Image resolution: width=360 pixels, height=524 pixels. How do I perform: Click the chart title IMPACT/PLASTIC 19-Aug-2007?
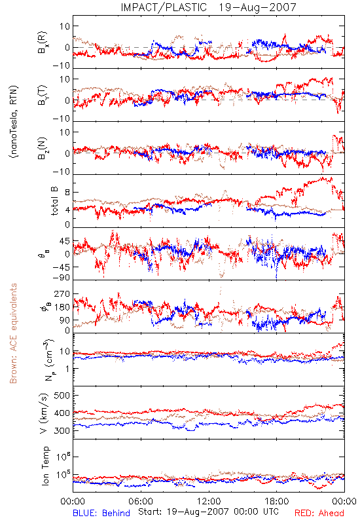pos(208,7)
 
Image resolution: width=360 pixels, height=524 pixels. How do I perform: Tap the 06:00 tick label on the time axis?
pos(141,501)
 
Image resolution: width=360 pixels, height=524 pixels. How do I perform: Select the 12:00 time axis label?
pos(209,501)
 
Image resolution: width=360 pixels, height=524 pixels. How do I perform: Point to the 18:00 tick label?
pos(277,501)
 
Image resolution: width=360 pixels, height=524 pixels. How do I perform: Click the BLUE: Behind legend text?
pos(101,513)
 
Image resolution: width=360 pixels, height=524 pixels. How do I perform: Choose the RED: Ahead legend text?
pos(319,513)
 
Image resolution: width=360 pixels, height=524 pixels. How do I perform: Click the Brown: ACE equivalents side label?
pos(13,333)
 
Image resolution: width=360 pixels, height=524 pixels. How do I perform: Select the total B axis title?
pos(54,201)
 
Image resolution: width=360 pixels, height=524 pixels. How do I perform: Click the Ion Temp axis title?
pos(45,466)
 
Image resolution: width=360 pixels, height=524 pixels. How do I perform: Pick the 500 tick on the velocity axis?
pos(62,396)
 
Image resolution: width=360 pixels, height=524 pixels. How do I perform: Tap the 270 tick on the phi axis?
pos(62,293)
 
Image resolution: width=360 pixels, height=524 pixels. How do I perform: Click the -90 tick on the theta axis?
pos(62,277)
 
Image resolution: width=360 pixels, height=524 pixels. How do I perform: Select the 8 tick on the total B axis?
pos(67,193)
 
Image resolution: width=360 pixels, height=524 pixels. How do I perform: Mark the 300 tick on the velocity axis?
pos(62,430)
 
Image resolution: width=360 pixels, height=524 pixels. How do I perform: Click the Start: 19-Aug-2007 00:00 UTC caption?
pos(209,512)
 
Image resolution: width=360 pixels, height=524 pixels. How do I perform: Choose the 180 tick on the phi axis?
pos(62,307)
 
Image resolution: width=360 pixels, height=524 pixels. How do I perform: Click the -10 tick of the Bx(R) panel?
pos(62,66)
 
